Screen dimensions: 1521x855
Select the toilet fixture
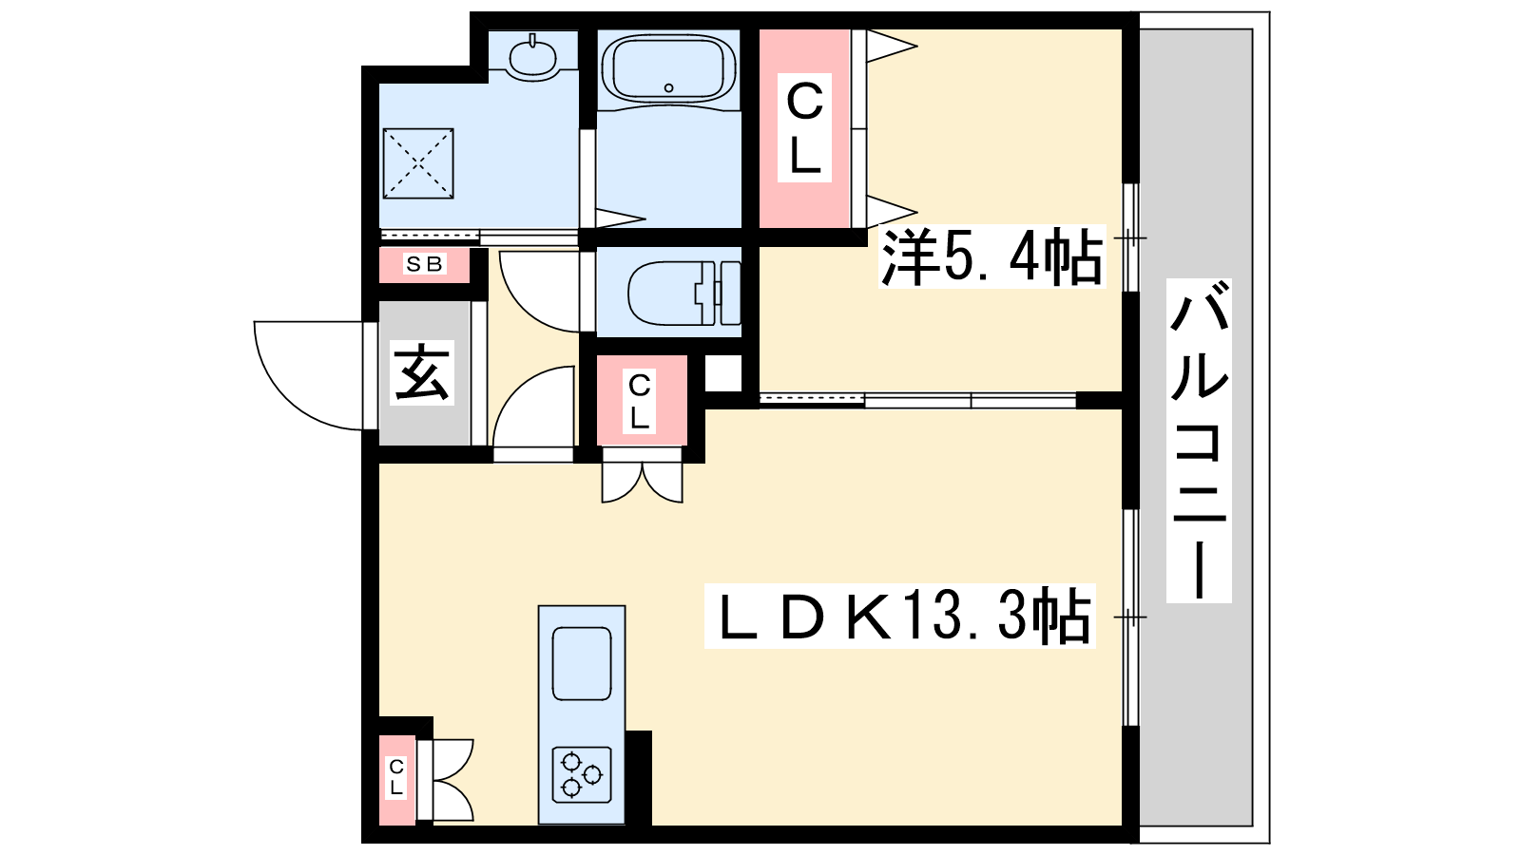[x=683, y=293]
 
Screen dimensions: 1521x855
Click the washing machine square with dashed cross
[x=418, y=163]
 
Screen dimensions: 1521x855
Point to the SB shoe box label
[x=424, y=264]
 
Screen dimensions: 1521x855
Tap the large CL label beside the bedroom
[x=804, y=127]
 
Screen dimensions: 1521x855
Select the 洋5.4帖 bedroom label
[x=992, y=257]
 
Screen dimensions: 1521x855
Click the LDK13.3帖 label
[x=899, y=616]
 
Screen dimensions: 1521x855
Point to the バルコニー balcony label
[x=1199, y=441]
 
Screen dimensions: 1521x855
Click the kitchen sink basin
[x=582, y=664]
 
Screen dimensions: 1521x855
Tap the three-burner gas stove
[x=582, y=775]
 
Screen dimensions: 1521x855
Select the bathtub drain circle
[x=669, y=87]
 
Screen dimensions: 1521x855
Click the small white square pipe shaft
[x=723, y=373]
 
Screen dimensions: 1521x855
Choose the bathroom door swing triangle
[x=620, y=218]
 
